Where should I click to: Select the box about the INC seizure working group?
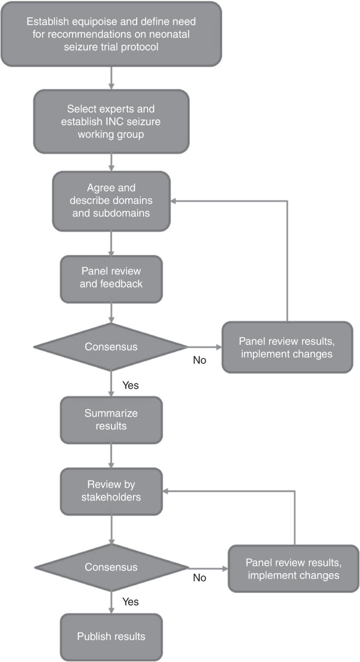[x=111, y=121]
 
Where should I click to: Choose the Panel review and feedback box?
[x=111, y=279]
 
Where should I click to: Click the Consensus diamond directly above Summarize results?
[x=111, y=347]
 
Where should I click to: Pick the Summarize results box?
[x=111, y=419]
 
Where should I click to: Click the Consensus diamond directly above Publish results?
[x=111, y=567]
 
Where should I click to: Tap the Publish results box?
[x=111, y=636]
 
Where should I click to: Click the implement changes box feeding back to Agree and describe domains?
[x=286, y=347]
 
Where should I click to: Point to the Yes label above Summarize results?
[x=130, y=385]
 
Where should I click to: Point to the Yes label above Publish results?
[x=130, y=600]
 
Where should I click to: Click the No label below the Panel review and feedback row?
[x=199, y=360]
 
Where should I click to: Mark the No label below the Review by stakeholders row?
[x=199, y=578]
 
